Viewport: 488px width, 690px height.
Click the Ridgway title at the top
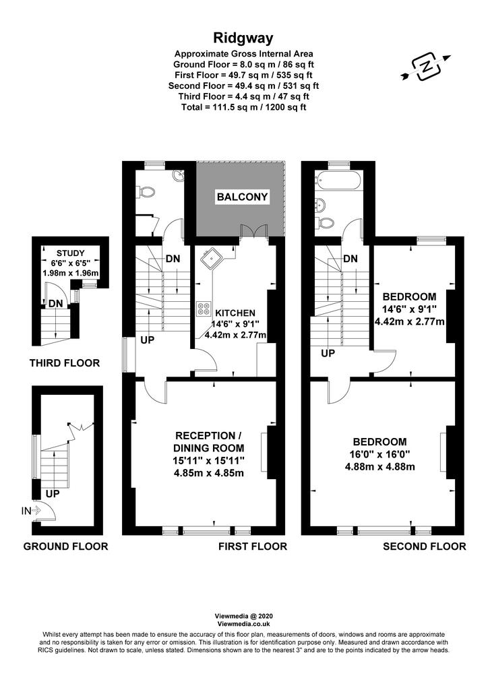(x=243, y=38)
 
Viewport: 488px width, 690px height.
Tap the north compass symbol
(x=426, y=67)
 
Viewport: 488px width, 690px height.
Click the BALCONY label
(x=242, y=197)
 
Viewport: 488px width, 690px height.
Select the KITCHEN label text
(x=235, y=313)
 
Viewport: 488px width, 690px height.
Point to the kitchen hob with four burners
(x=204, y=309)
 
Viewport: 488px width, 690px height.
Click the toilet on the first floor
(x=147, y=191)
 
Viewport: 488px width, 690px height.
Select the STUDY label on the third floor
(x=70, y=253)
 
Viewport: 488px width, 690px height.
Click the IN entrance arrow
(x=31, y=511)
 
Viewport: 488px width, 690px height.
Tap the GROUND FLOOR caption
(x=65, y=546)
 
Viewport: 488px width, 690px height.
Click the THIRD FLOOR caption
(x=65, y=363)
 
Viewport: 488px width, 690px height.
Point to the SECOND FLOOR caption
(x=424, y=546)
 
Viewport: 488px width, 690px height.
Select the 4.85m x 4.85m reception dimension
(x=208, y=474)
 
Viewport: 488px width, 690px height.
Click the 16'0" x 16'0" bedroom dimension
(x=379, y=454)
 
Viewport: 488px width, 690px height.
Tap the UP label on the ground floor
(x=53, y=494)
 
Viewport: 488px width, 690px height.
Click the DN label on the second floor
(x=350, y=259)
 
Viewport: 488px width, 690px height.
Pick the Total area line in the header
(x=244, y=107)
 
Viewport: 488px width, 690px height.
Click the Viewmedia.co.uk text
(x=243, y=624)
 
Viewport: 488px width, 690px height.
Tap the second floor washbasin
(x=322, y=204)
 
